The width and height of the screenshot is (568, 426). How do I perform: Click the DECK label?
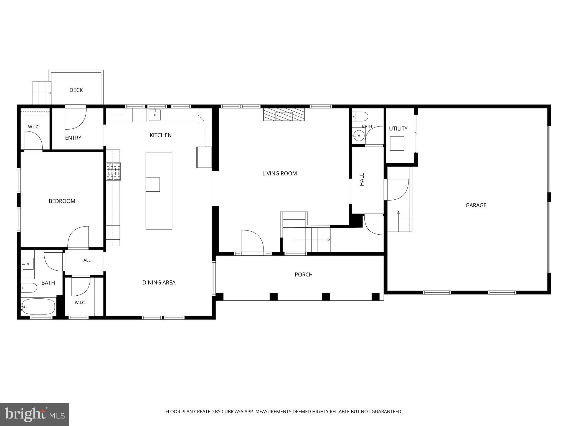[76, 90]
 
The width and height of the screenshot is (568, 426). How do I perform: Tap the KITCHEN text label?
[161, 135]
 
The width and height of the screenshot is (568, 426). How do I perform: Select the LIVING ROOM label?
[280, 174]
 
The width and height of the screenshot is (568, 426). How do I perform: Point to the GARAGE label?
[476, 205]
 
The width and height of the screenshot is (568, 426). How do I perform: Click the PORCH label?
[304, 275]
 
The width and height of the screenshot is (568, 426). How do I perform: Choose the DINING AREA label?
[159, 283]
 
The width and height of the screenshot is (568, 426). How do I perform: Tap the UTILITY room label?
[398, 129]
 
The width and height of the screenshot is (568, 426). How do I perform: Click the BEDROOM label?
[62, 201]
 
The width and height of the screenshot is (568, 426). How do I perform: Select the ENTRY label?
[73, 138]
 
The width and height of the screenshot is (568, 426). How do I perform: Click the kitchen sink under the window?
[154, 115]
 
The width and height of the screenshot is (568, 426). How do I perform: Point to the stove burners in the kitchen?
[114, 171]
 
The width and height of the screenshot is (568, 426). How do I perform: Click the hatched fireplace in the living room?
[284, 115]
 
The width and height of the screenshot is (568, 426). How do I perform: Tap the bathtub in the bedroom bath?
[38, 306]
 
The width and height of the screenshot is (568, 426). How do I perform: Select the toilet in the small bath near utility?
[360, 116]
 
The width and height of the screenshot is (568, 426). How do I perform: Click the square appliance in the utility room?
[397, 143]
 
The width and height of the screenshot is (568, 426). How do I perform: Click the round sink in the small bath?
[359, 136]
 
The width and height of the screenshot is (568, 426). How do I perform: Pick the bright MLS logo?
[35, 415]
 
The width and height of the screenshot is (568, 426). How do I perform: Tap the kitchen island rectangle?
[159, 191]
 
